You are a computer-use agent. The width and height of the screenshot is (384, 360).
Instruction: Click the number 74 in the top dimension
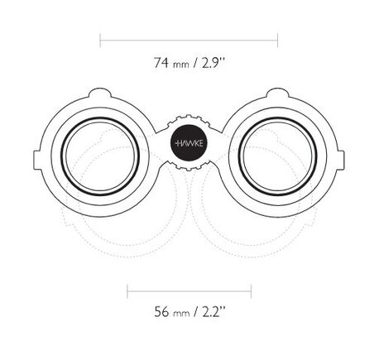(x=161, y=63)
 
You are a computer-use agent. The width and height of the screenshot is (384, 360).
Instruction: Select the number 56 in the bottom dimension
(x=161, y=312)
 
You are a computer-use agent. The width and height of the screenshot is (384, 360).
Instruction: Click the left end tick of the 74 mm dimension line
(x=100, y=41)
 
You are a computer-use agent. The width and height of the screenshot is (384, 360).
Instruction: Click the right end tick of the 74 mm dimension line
(x=277, y=41)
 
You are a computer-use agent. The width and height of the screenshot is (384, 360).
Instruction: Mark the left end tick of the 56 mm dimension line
(x=127, y=291)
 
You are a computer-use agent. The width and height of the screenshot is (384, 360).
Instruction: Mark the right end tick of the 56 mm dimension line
(x=251, y=291)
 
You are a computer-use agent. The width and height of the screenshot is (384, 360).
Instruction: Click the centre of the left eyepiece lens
(x=100, y=156)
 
